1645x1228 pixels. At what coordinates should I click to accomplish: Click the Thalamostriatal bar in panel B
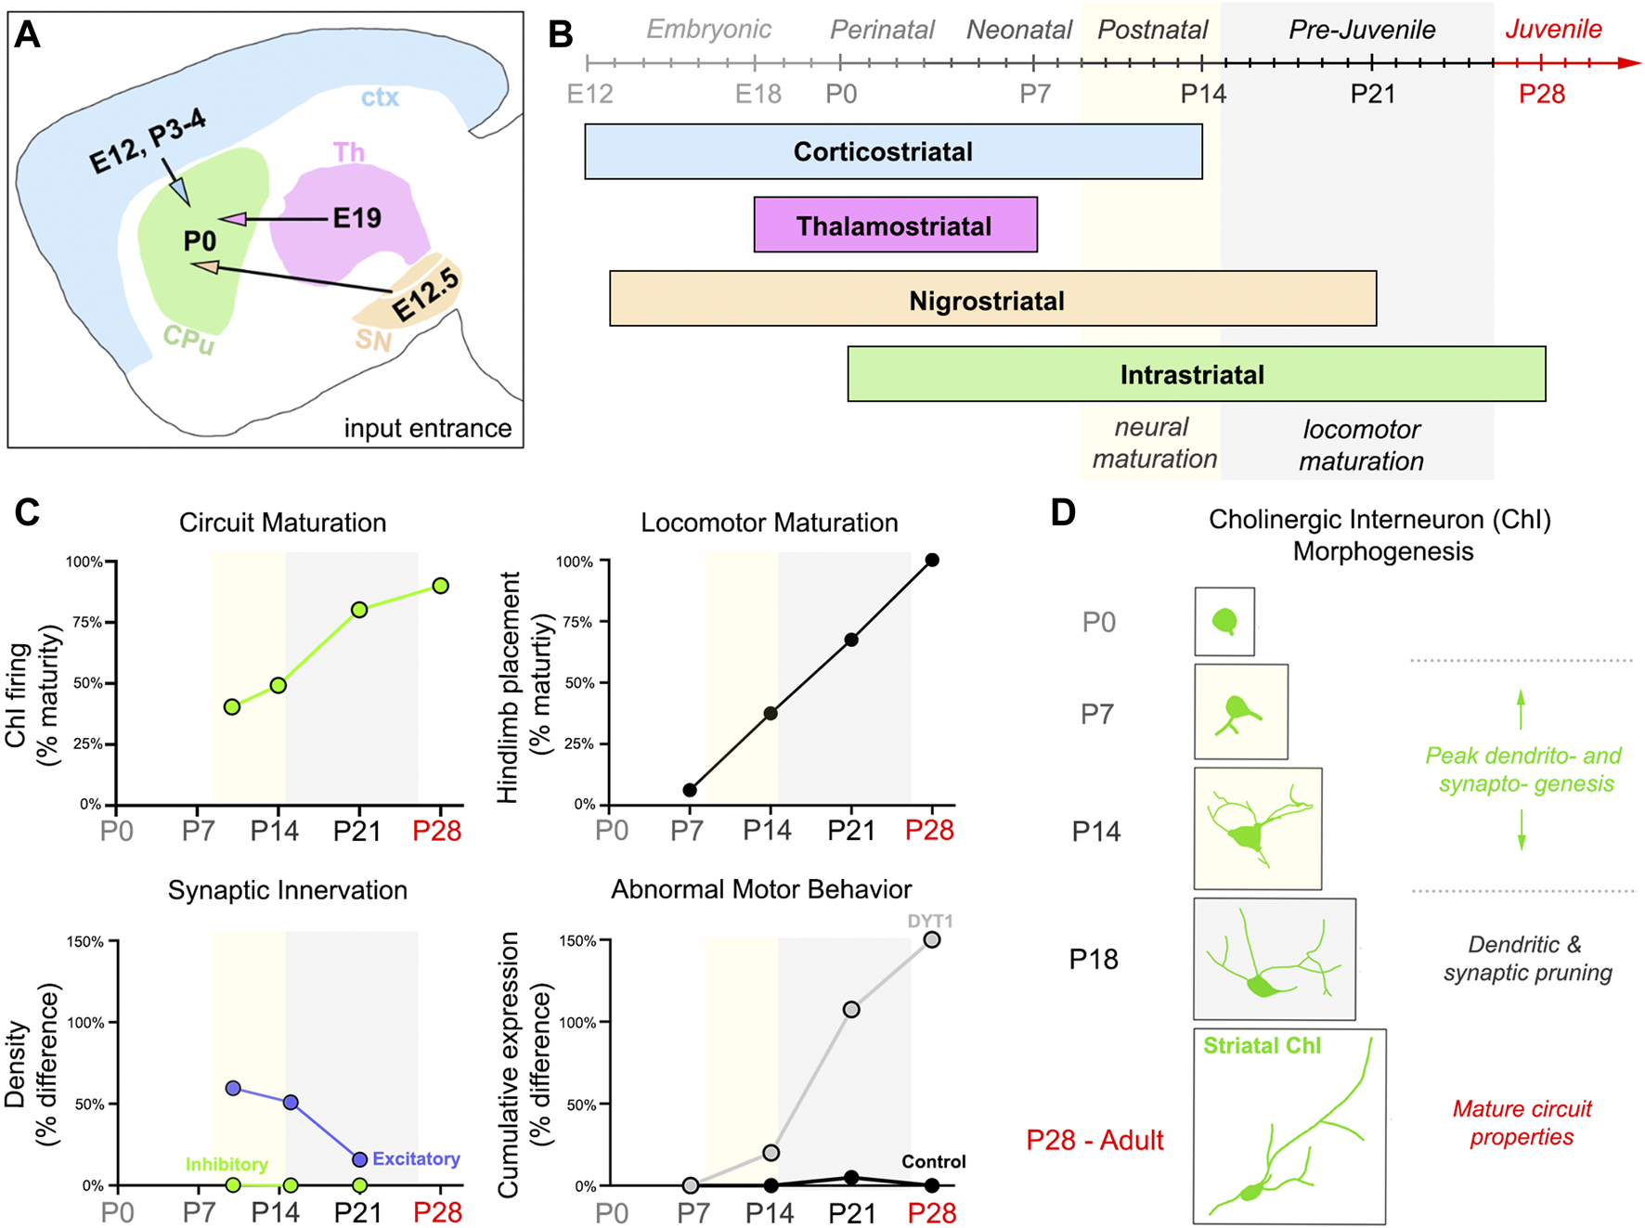pyautogui.click(x=895, y=225)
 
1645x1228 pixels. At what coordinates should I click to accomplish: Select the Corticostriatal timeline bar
pyautogui.click(x=893, y=151)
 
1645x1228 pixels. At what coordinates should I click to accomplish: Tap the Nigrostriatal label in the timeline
pyautogui.click(x=987, y=301)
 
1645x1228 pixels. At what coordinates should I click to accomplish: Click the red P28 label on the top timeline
pyautogui.click(x=1542, y=94)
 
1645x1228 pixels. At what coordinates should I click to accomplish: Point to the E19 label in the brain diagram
pyautogui.click(x=357, y=218)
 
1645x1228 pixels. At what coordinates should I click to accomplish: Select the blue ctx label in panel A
pyautogui.click(x=380, y=97)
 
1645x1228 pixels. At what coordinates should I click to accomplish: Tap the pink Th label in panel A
pyautogui.click(x=349, y=151)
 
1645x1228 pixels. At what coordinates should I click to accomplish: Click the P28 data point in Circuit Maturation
pyautogui.click(x=440, y=586)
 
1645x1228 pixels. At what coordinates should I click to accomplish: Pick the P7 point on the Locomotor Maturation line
pyautogui.click(x=689, y=790)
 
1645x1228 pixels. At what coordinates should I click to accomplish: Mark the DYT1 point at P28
pyautogui.click(x=932, y=940)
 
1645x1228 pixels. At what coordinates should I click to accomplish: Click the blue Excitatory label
pyautogui.click(x=416, y=1159)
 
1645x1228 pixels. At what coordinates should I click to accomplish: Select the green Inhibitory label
pyautogui.click(x=227, y=1164)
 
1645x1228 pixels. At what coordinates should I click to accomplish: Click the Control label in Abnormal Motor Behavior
pyautogui.click(x=934, y=1161)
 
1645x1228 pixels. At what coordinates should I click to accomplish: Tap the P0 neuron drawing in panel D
pyautogui.click(x=1224, y=621)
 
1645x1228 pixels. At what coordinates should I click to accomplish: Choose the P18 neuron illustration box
pyautogui.click(x=1275, y=959)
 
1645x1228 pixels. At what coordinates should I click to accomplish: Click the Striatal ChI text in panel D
pyautogui.click(x=1262, y=1045)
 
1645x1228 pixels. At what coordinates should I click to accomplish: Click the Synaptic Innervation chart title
pyautogui.click(x=288, y=890)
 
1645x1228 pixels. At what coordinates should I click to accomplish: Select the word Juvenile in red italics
pyautogui.click(x=1553, y=29)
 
